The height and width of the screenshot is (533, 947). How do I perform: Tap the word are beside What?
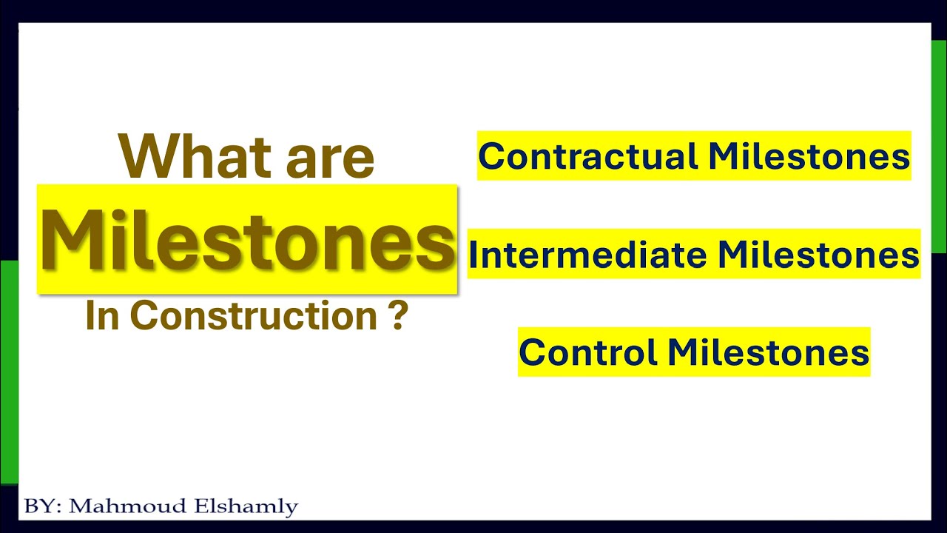(330, 161)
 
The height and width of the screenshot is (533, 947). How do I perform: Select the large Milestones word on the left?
(247, 240)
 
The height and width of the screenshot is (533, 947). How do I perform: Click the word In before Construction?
(102, 315)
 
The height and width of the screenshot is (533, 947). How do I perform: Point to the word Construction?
(253, 315)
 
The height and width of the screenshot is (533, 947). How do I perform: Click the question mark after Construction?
(397, 315)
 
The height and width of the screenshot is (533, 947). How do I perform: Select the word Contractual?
(588, 155)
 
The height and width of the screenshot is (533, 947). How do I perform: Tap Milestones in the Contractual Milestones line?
(809, 155)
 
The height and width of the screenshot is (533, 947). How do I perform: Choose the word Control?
(588, 352)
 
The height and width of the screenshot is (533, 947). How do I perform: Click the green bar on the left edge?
(9, 372)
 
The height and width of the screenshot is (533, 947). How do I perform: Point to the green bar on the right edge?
(939, 147)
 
